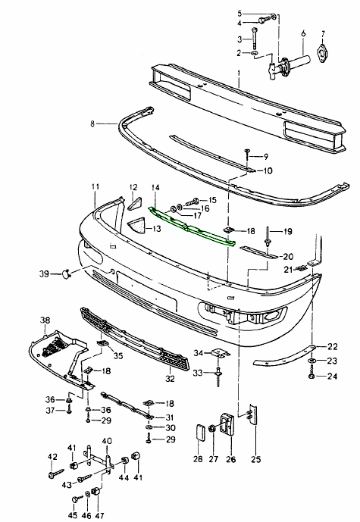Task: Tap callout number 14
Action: (155, 186)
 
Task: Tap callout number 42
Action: (52, 456)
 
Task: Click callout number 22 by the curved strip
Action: (332, 346)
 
